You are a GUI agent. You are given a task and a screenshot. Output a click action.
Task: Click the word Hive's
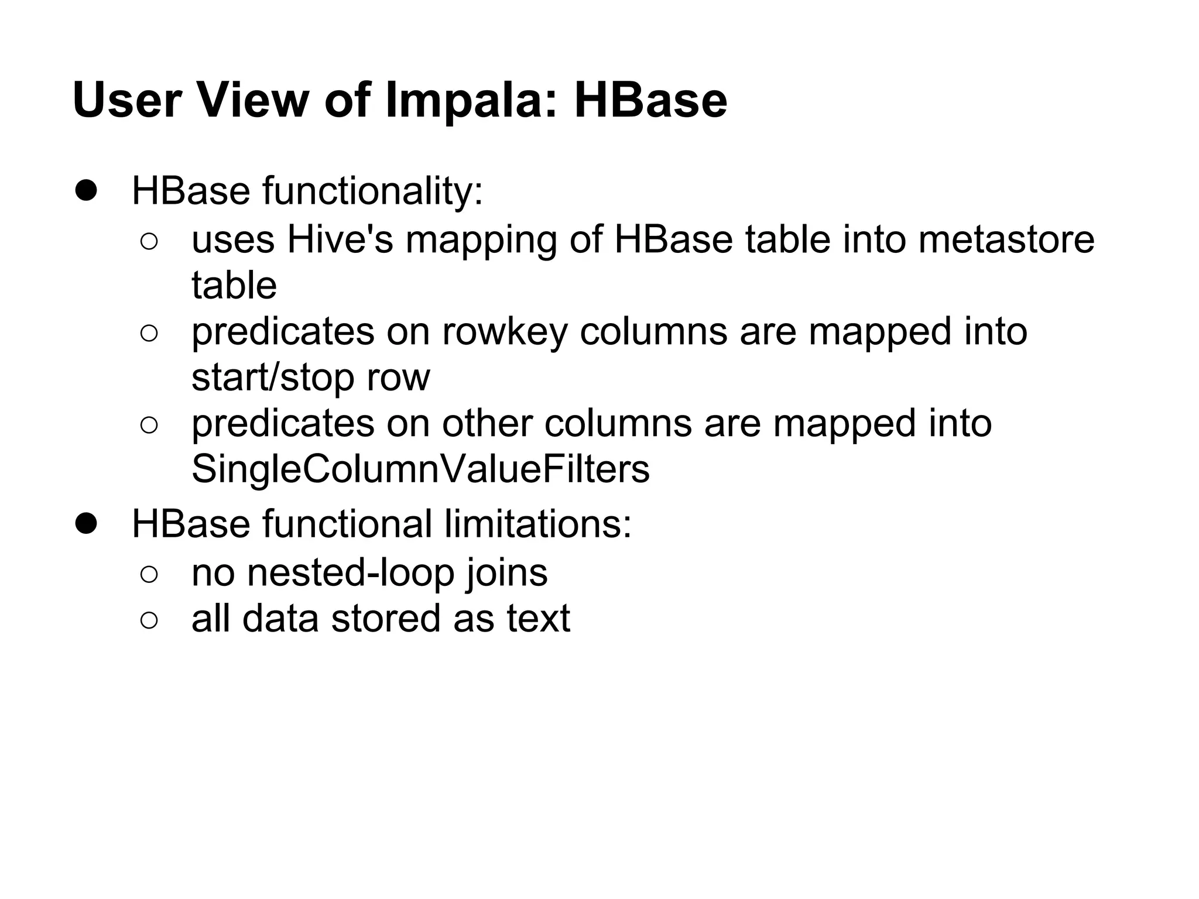pos(340,239)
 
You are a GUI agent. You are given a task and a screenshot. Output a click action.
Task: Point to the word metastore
pos(1006,239)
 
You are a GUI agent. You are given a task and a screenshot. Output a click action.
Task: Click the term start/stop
pos(273,378)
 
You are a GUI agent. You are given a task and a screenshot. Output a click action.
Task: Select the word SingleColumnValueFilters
pos(420,469)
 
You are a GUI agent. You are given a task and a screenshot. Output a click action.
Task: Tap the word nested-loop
pos(351,572)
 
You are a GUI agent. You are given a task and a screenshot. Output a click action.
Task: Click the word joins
pos(507,572)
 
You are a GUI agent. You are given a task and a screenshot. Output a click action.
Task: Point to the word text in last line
pos(538,618)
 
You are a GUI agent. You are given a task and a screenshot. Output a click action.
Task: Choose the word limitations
pos(538,523)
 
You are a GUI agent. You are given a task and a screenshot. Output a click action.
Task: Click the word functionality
pos(372,191)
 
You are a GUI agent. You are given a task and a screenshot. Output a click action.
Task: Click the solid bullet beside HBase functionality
pos(86,191)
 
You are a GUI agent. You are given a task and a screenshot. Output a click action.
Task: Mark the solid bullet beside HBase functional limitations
pos(86,523)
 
